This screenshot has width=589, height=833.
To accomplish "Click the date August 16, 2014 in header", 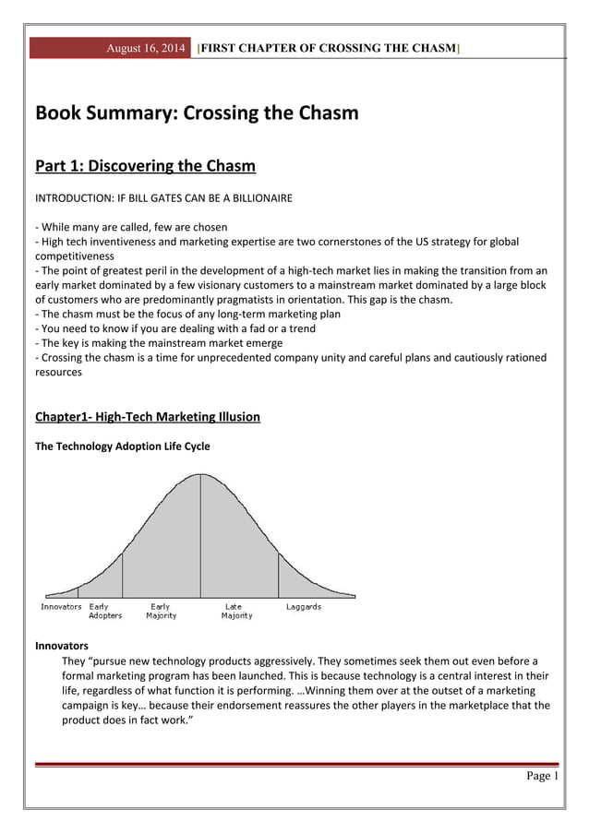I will [x=148, y=47].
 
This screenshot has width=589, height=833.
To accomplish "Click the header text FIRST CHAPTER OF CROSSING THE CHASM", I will [x=330, y=47].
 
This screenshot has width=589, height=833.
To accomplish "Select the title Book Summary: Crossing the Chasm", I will [x=196, y=114].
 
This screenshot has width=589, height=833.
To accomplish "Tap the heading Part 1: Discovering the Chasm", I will [x=145, y=166].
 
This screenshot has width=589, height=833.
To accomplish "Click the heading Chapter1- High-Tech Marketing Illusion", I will [x=148, y=417].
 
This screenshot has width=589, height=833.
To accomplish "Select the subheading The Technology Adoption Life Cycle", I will [x=122, y=446].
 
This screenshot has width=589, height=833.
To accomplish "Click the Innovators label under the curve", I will [x=61, y=607].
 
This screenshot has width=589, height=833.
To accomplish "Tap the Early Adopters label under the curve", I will [x=104, y=611].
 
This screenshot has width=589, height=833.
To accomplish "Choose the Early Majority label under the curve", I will [x=161, y=611].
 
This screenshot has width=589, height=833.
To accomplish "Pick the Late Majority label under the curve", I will [x=235, y=611].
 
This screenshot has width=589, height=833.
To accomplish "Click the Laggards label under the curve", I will [x=303, y=607].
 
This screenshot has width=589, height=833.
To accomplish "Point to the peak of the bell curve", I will [x=200, y=475].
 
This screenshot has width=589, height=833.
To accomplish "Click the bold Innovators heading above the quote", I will [x=61, y=646].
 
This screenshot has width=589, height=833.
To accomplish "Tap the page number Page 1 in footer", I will [x=542, y=776].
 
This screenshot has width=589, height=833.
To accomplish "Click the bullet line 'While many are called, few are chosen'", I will [x=131, y=227].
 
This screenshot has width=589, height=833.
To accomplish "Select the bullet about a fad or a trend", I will [x=175, y=328].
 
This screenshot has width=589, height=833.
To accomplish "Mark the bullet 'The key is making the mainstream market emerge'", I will [x=157, y=342].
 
